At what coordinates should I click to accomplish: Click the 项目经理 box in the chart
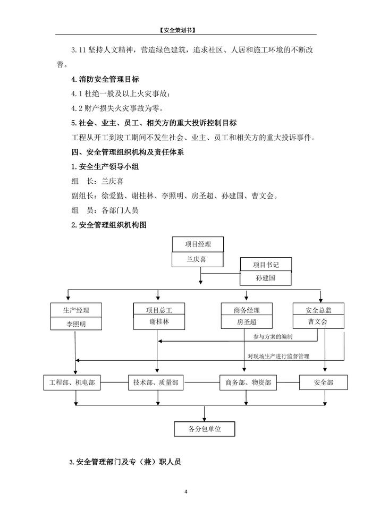coord(198,245)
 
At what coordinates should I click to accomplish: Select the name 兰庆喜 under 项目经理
coord(198,260)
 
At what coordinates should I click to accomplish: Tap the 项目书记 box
coord(266,265)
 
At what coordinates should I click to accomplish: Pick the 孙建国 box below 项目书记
coord(266,278)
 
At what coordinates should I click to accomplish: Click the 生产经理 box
coord(76,310)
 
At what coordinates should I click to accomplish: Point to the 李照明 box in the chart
coord(76,323)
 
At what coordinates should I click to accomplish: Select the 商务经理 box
coord(247,310)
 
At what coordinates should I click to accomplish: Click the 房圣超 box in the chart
coord(247,323)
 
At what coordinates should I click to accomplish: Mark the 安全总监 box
coord(318,310)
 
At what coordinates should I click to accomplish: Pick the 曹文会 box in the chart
coord(318,323)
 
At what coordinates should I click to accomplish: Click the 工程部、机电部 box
coord(72,383)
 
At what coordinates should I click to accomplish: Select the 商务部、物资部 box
coord(248,383)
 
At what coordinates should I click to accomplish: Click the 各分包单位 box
coord(205,429)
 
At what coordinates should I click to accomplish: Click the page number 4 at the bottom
coord(186,492)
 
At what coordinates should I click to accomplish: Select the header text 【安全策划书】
coord(185,30)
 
